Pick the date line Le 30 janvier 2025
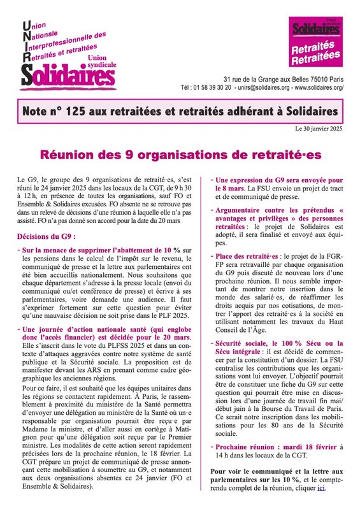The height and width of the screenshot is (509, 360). (x=319, y=129)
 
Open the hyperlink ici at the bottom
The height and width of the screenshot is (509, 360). (x=320, y=487)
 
